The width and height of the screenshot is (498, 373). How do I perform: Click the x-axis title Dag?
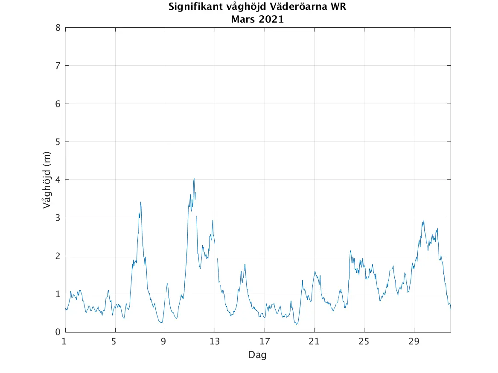pos(257,355)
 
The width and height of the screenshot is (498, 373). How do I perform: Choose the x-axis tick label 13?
pos(215,341)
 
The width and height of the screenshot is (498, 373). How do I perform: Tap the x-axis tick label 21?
pos(314,341)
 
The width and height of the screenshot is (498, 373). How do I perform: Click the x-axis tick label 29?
pos(414,341)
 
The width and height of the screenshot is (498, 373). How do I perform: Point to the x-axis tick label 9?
pos(164,341)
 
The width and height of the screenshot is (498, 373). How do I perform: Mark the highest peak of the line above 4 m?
pos(194,179)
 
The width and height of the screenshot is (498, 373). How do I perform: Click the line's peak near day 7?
pos(140,202)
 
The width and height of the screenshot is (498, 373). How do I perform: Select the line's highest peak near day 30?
pos(424,220)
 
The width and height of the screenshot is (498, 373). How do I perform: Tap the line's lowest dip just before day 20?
pos(296,324)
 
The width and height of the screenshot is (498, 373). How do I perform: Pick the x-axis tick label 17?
pos(265,341)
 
